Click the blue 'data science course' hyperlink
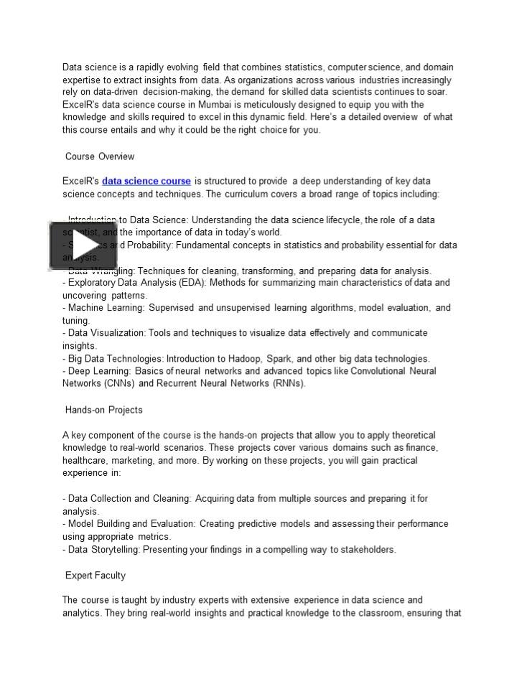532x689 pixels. click(146, 181)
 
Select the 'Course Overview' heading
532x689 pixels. click(100, 156)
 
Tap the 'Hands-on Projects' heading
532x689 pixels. click(104, 410)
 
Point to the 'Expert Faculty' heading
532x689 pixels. click(95, 575)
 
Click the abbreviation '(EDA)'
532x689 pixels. click(170, 283)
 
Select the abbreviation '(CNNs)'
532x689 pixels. click(116, 383)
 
